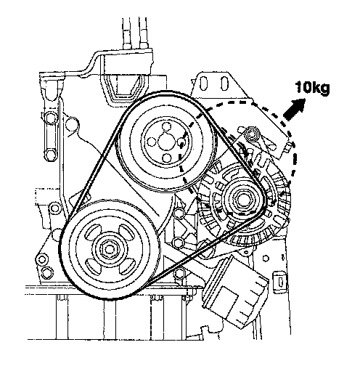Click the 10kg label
(312, 87)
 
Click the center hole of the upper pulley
(166, 142)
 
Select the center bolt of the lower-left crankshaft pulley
(110, 248)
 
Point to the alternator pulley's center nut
(242, 199)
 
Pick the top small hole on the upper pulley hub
(166, 126)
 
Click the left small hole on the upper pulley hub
(151, 142)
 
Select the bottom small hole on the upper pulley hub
(166, 158)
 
